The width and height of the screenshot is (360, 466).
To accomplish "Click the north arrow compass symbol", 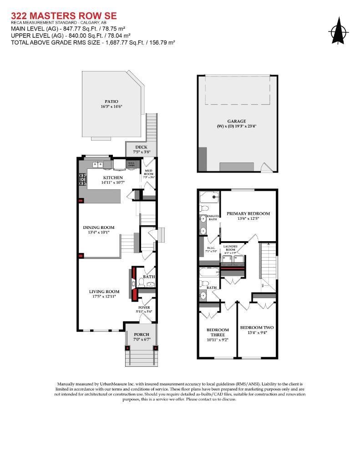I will [x=338, y=30].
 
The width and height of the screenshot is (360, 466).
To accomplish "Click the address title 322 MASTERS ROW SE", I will [x=63, y=16].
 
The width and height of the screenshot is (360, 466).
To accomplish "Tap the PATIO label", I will [x=111, y=101].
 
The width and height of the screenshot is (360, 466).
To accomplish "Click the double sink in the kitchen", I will [x=98, y=164].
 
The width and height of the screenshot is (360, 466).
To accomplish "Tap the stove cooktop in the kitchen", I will [x=82, y=180].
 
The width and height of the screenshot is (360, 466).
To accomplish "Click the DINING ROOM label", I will [x=98, y=227].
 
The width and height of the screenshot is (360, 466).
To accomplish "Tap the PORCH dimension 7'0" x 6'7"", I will [x=141, y=339].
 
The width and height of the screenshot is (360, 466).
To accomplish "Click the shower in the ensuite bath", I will [x=209, y=198].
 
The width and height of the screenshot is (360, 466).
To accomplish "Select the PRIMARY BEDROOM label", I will [x=248, y=213].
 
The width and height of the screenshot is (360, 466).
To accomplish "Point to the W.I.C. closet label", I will [x=210, y=248].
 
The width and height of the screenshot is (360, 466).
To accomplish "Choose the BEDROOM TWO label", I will [x=257, y=327].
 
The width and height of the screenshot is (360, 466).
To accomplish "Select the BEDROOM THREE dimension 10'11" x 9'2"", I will [x=218, y=339].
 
